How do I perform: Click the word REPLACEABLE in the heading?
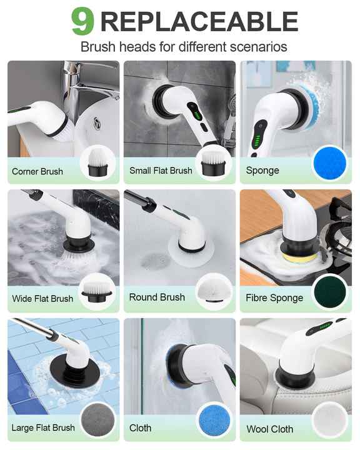pyautogui.click(x=199, y=21)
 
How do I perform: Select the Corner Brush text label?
pyautogui.click(x=37, y=171)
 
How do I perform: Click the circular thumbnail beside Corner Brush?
pyautogui.click(x=98, y=162)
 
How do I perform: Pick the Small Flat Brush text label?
pyautogui.click(x=161, y=171)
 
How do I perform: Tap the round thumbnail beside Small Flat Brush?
pyautogui.click(x=213, y=162)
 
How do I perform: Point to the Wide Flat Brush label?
pyautogui.click(x=42, y=299)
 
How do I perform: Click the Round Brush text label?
pyautogui.click(x=157, y=297)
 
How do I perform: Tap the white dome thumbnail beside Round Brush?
pyautogui.click(x=213, y=291)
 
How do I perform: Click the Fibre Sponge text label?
pyautogui.click(x=274, y=299)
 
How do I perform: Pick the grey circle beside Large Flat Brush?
pyautogui.click(x=98, y=419)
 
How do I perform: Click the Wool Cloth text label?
pyautogui.click(x=270, y=429)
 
